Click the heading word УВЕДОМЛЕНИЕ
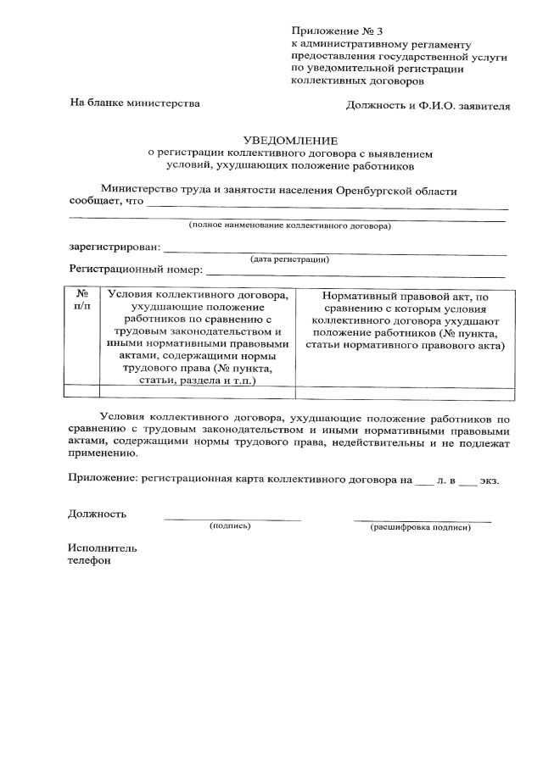click(289, 141)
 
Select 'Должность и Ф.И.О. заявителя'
click(428, 107)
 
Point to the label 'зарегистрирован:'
click(114, 248)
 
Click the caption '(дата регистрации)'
click(289, 259)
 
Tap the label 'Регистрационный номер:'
click(136, 271)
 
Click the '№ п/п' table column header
click(81, 300)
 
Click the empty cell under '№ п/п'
click(81, 391)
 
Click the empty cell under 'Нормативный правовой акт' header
click(405, 391)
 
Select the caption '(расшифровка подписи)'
click(421, 527)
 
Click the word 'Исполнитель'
click(102, 547)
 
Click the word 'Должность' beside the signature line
click(97, 514)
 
